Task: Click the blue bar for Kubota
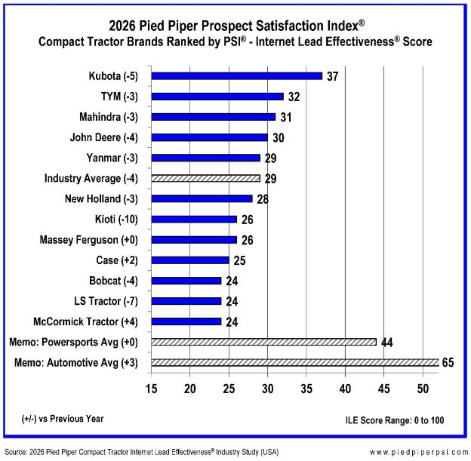(x=236, y=75)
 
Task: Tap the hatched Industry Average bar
(x=205, y=178)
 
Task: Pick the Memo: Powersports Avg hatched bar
(x=263, y=342)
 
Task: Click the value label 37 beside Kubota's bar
(x=333, y=76)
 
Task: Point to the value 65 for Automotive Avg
(x=448, y=363)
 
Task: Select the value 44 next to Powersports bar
(x=386, y=343)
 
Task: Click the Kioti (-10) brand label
(x=120, y=220)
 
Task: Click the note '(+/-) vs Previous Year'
(x=63, y=419)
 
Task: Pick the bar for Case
(x=189, y=260)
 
